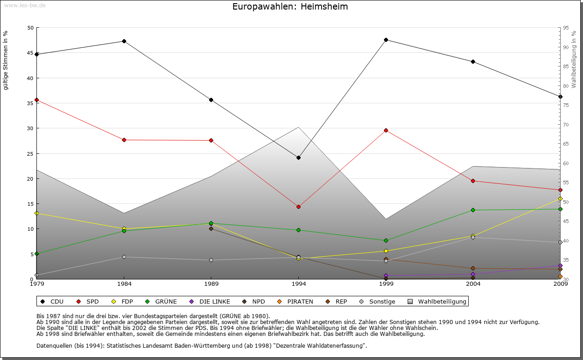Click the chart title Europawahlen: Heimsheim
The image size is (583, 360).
point(290,6)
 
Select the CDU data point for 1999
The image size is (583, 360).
point(386,40)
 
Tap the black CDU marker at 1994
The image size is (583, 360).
point(298,157)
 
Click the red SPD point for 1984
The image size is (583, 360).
point(124,140)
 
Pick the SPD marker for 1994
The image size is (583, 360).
point(298,207)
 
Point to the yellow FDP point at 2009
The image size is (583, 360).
point(560,198)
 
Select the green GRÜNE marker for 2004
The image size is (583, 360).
point(473,210)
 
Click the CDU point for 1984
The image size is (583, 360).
point(124,41)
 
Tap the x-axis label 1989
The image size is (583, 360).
point(211,284)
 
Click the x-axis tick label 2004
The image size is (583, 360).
point(473,284)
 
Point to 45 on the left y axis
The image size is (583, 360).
point(31,53)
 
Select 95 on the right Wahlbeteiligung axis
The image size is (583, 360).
point(566,28)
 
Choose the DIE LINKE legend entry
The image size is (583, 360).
point(210,301)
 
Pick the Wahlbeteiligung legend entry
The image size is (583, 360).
point(437,301)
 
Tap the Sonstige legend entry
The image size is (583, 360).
point(378,301)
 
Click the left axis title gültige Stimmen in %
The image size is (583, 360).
point(6,61)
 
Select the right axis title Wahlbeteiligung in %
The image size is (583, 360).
point(574,59)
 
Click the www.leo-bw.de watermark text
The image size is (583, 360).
point(24,5)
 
